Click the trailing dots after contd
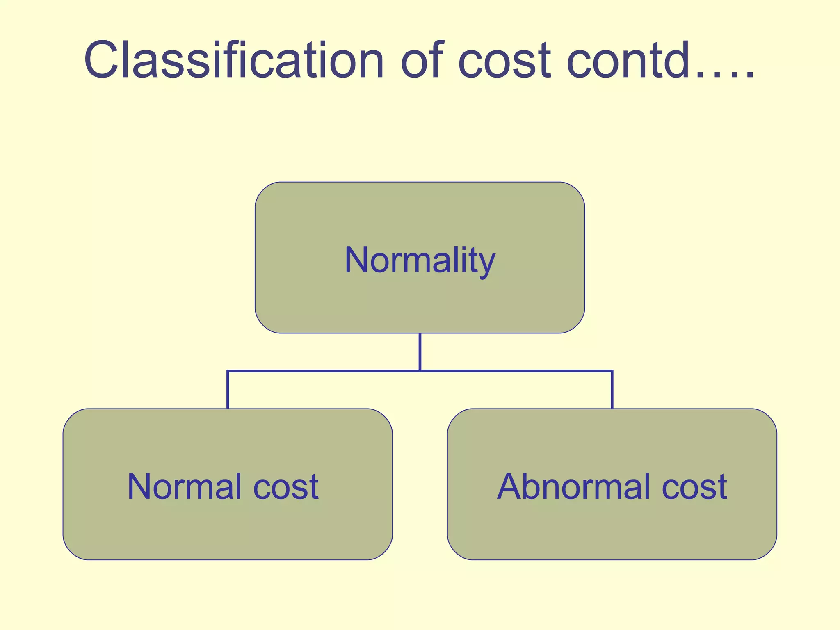724,74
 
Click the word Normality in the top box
420,260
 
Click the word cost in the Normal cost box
286,487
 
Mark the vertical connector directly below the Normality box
420,352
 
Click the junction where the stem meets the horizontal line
420,371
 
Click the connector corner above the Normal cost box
228,371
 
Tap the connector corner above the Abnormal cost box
612,371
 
